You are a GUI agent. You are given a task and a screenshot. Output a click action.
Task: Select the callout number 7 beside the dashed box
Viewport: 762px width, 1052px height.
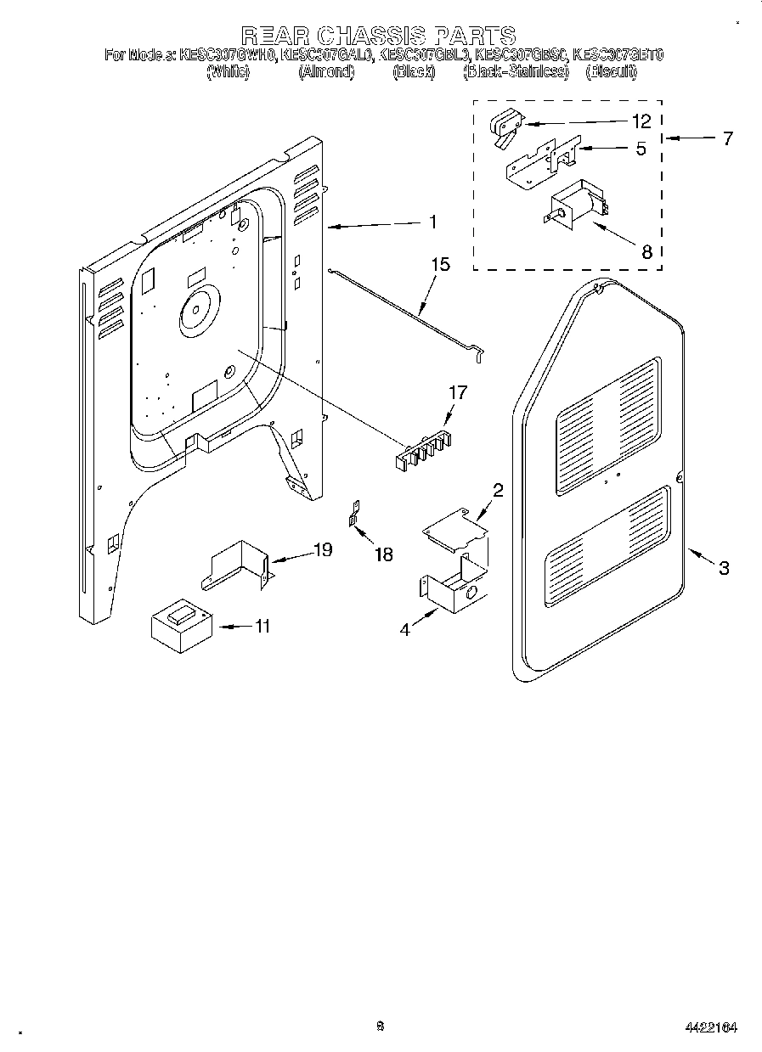(727, 138)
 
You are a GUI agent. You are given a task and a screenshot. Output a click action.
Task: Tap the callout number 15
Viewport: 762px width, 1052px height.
(439, 264)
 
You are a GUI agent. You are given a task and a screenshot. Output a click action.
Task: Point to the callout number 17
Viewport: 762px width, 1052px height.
(458, 393)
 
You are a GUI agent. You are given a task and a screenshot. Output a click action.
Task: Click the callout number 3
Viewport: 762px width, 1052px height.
(723, 568)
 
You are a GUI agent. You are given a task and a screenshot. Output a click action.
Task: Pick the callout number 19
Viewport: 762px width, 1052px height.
(323, 550)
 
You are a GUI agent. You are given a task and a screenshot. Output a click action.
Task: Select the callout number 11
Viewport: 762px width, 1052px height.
(262, 627)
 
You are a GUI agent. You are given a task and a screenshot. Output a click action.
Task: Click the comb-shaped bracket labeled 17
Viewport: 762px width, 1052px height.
(422, 448)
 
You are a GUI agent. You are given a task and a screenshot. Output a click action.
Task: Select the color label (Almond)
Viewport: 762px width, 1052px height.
(326, 73)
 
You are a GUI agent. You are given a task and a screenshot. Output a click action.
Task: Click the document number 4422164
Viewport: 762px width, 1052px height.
(709, 1027)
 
